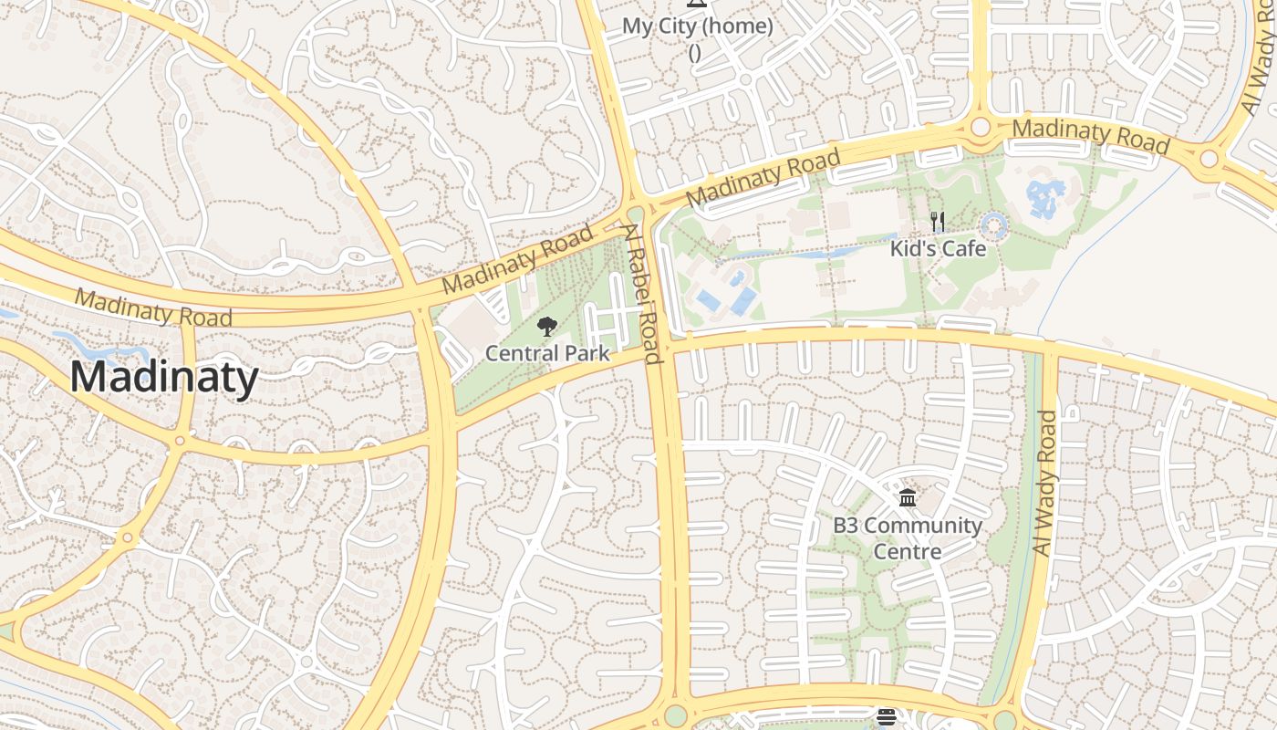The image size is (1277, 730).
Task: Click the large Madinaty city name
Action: tap(164, 377)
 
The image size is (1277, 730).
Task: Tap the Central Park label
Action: tap(547, 353)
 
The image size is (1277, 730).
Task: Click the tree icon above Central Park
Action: tap(547, 327)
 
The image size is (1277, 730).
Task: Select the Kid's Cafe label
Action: tap(939, 248)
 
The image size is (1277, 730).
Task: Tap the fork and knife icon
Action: tap(937, 221)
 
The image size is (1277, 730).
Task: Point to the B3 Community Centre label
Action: tap(908, 538)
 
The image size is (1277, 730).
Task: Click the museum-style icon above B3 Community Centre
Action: tap(908, 498)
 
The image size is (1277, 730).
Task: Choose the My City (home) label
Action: tap(698, 26)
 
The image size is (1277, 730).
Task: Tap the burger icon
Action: tap(887, 717)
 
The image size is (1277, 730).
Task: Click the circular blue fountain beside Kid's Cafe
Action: tap(993, 225)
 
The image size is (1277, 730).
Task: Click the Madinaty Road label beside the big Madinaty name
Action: tap(152, 308)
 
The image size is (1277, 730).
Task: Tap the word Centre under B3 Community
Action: tap(908, 552)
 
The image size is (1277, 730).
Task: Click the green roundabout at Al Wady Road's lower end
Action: tap(1005, 720)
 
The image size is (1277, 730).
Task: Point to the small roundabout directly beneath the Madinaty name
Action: tap(180, 441)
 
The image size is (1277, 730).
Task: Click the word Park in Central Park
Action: tap(586, 353)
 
